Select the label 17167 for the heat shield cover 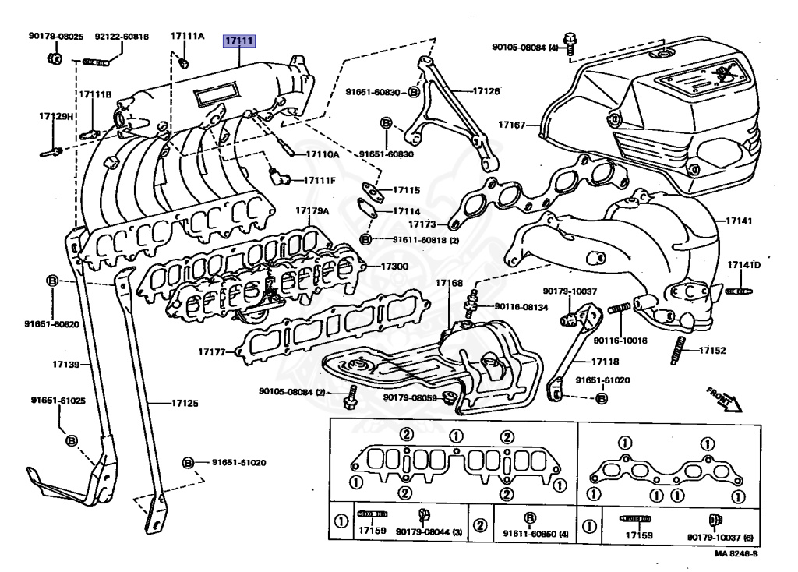pyautogui.click(x=513, y=125)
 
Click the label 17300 pyautogui.click(x=394, y=267)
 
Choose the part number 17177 pyautogui.click(x=211, y=352)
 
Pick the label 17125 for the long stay pyautogui.click(x=185, y=404)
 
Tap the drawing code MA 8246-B pyautogui.click(x=735, y=555)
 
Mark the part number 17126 pyautogui.click(x=486, y=91)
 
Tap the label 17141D pyautogui.click(x=743, y=266)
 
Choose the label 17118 pyautogui.click(x=605, y=362)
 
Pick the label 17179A pyautogui.click(x=312, y=211)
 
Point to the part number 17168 pyautogui.click(x=449, y=282)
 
